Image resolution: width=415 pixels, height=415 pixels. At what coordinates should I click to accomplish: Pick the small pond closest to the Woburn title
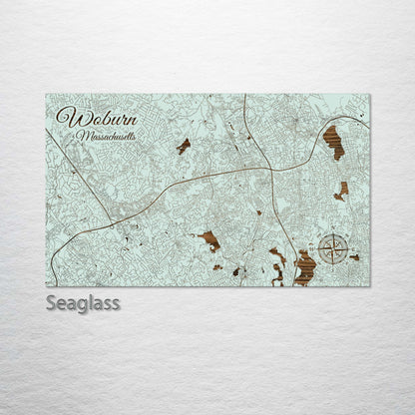click(x=184, y=146)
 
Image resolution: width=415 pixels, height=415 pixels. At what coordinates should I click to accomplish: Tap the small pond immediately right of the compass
click(x=354, y=257)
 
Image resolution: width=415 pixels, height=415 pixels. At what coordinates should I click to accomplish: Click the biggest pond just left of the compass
click(x=304, y=267)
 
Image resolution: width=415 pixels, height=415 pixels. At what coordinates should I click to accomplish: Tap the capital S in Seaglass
click(x=51, y=302)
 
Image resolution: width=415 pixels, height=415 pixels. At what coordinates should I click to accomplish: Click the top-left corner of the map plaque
click(x=46, y=95)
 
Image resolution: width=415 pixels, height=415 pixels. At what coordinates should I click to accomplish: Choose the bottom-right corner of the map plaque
click(x=370, y=286)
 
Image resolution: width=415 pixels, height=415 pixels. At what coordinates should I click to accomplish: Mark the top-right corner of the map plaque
click(x=370, y=95)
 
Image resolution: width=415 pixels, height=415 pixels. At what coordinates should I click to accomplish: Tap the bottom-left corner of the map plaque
click(x=46, y=286)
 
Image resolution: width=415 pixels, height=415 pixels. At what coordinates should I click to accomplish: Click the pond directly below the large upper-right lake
click(x=341, y=190)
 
